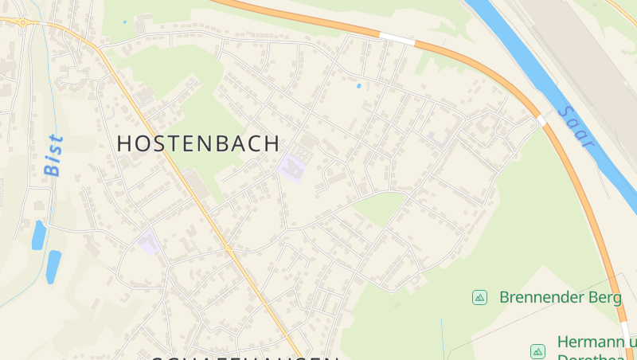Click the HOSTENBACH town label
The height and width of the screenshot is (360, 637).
point(198,144)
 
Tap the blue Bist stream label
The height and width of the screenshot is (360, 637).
point(53,156)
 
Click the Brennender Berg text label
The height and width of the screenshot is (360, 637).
point(560,297)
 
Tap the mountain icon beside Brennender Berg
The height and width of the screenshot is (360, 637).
point(479,297)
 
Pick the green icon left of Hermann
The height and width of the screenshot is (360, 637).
point(537,350)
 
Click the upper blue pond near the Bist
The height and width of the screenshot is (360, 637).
point(38,234)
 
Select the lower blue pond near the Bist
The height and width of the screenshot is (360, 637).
point(53,265)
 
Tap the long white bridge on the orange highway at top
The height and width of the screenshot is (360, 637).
point(397,38)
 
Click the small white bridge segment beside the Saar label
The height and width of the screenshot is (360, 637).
point(542,121)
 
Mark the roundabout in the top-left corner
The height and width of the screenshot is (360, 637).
point(22,22)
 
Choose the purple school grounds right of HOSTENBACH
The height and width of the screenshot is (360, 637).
point(291,169)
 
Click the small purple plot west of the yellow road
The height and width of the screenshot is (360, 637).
point(148,241)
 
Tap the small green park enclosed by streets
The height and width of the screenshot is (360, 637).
point(380,207)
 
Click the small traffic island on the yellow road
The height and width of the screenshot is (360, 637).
point(228,250)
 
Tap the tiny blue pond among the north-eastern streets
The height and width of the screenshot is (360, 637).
point(359,85)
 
